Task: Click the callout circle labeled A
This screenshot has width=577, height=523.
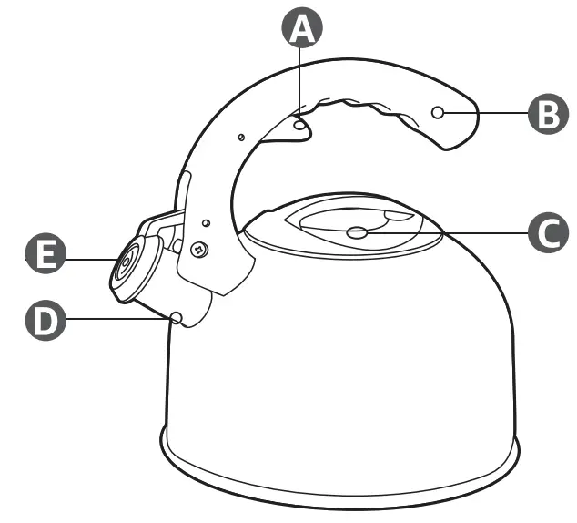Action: click(301, 30)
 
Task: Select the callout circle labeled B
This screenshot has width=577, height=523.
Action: click(547, 113)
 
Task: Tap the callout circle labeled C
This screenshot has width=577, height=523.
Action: click(547, 232)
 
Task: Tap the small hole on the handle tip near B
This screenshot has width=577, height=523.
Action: click(438, 112)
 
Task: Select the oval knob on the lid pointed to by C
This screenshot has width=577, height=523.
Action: click(359, 233)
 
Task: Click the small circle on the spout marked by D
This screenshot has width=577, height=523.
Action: click(177, 317)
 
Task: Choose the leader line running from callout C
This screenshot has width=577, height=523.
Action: click(446, 233)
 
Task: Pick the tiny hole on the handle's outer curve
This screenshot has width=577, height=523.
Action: click(239, 137)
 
